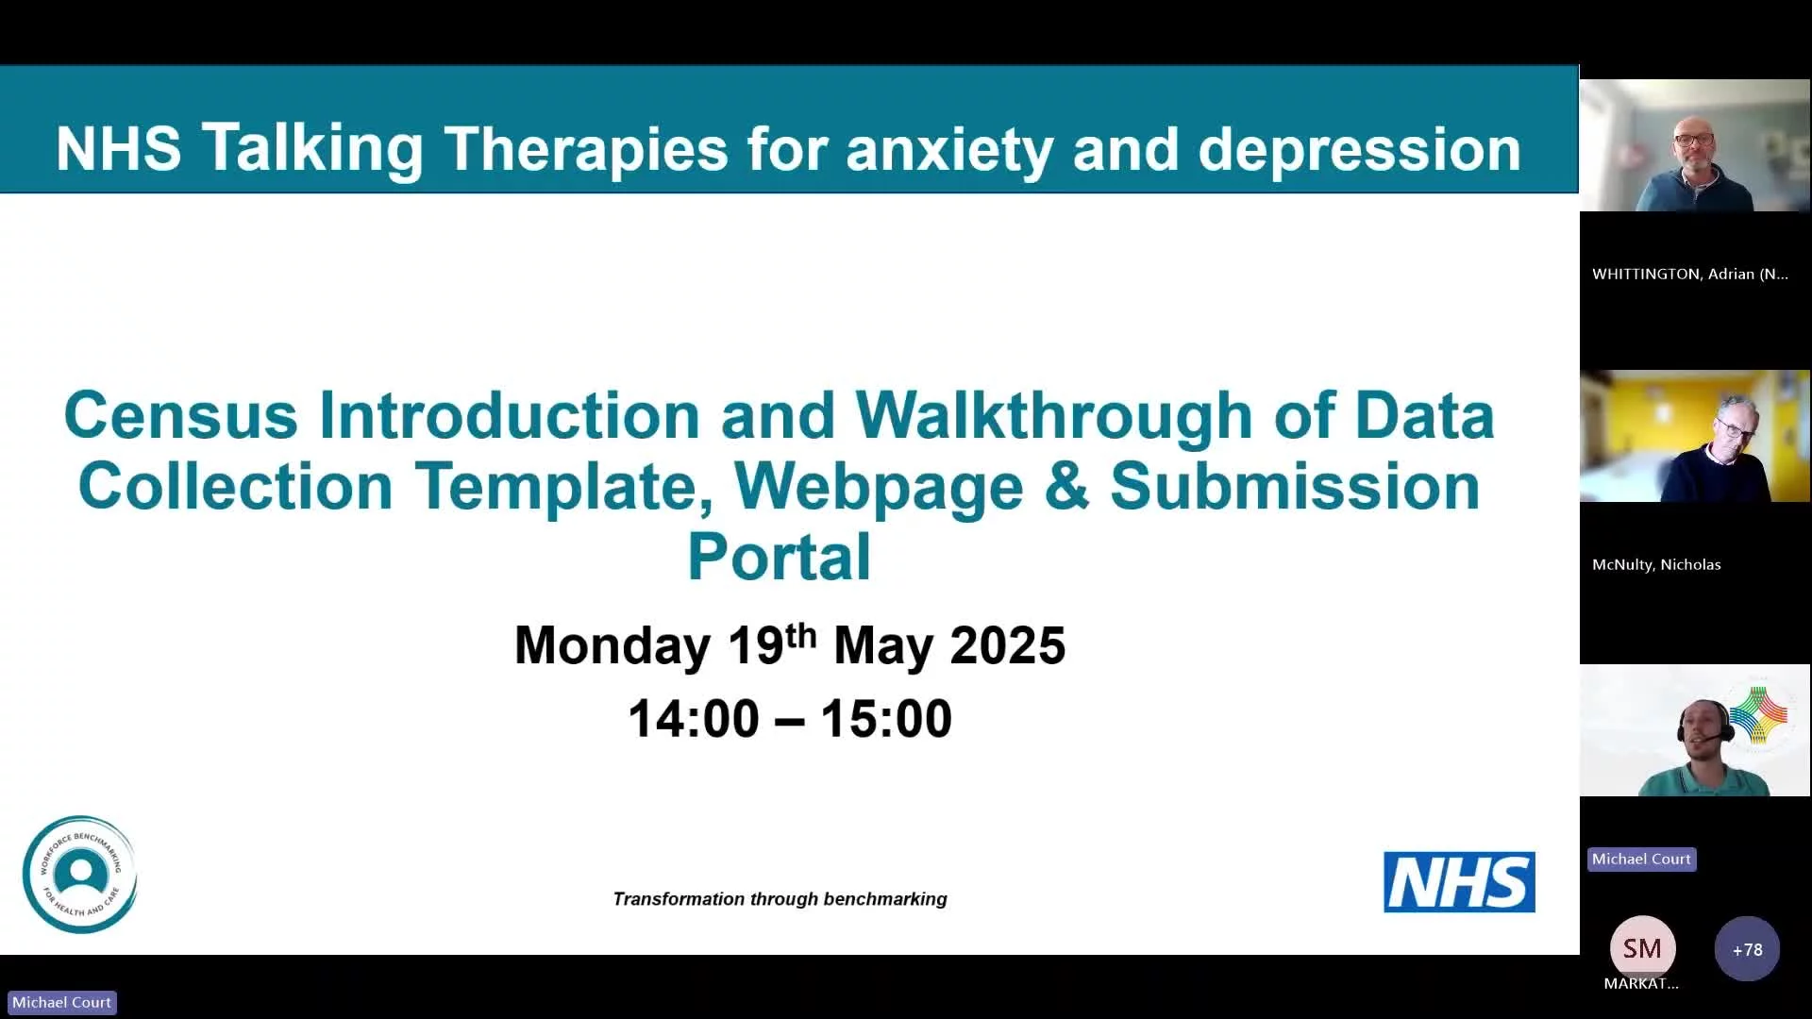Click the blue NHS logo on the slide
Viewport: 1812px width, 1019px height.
1459,882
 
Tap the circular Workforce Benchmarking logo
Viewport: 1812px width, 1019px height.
80,875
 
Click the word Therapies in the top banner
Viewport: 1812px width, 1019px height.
586,149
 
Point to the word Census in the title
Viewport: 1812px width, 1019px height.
180,415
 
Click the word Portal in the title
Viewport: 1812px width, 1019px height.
779,557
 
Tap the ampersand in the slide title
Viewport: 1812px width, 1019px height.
1066,486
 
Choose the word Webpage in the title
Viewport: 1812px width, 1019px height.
879,487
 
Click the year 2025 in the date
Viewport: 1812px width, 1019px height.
1007,645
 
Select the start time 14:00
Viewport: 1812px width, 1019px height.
694,719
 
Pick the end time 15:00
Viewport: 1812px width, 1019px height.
886,719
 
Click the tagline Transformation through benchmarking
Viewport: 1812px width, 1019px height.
780,899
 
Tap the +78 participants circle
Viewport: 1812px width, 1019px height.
1747,949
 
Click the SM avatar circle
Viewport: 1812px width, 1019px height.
1642,948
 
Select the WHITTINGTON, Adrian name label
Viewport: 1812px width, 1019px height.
1689,274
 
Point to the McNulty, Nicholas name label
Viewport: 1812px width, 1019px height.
1656,564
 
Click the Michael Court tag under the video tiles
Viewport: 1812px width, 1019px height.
1641,859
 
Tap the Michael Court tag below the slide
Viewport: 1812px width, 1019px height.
61,1002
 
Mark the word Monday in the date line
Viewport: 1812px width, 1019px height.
612,646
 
